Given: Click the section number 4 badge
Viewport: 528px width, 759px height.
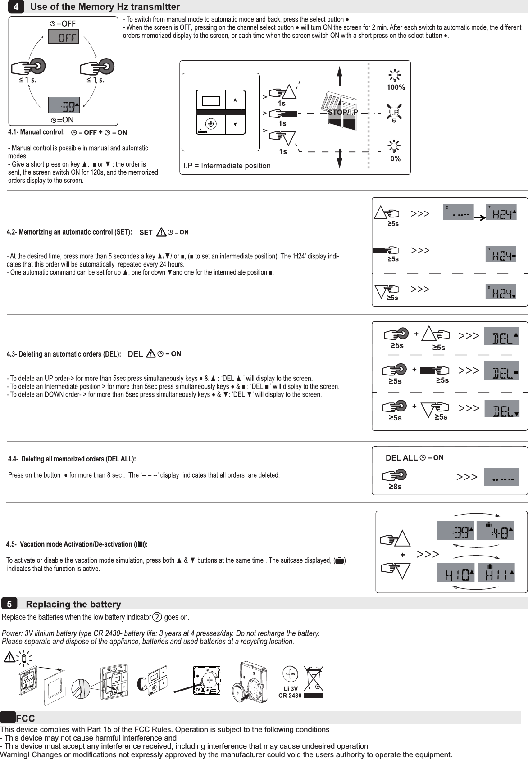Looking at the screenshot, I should coord(16,7).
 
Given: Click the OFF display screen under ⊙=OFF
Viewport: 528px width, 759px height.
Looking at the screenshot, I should coord(64,37).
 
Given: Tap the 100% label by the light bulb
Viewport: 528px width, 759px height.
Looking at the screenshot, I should coord(396,87).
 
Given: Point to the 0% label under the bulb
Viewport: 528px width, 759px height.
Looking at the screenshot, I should coord(395,159).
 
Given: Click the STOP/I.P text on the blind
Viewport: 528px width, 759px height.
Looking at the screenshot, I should coord(342,112).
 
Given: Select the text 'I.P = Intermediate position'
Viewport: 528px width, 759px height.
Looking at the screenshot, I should coord(227,166).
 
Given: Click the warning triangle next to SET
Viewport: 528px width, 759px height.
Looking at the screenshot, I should coord(161,233).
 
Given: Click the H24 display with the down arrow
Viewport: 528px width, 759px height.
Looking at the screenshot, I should coord(501,291).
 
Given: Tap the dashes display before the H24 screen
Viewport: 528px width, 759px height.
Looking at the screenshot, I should coord(458,212).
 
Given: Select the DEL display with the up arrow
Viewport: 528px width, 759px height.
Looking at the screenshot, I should coord(501,336).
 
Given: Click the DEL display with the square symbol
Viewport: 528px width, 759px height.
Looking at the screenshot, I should coord(501,371).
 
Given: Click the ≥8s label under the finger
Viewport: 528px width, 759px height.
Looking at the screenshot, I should coord(395,487).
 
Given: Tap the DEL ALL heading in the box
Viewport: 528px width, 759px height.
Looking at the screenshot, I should coord(401,458).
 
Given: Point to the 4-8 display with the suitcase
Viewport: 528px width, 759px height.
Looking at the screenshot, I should coord(496,530).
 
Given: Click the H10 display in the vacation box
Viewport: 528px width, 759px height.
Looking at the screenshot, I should coord(456,573).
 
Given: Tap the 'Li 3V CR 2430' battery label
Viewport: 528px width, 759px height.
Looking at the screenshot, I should coord(290,692).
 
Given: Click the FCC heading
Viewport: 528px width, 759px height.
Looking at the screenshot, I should coord(25,718).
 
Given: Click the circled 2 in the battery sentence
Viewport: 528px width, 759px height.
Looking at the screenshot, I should coord(157,617).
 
